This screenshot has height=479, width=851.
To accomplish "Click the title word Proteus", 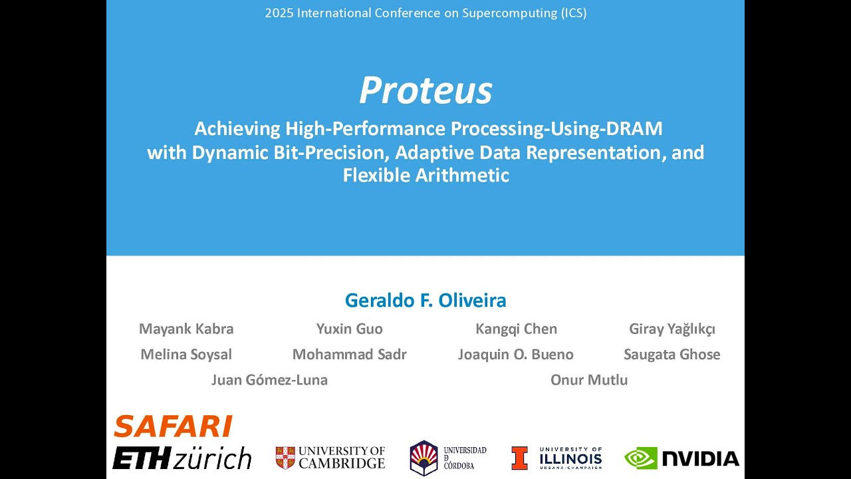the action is coord(425,90).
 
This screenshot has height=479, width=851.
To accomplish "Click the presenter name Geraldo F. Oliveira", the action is coord(425,300).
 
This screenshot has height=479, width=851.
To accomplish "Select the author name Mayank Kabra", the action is coord(186,329).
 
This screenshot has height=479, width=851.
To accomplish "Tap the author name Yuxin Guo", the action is coord(350,329).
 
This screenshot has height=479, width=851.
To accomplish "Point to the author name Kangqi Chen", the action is coord(517,329).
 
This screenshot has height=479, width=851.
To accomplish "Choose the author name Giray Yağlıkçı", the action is coord(672,329).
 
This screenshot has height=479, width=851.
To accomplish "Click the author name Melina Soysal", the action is coord(186,355).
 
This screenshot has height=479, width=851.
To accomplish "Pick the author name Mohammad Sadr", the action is coord(350,355).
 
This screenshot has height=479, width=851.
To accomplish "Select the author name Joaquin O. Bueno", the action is coord(515,355).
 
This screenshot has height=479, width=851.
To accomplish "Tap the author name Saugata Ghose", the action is coord(672,355).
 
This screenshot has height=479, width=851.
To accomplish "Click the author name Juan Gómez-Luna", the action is coord(269,380).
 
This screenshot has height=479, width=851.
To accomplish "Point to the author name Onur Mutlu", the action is coord(589,380).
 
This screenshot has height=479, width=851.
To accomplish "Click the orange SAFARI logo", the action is coord(173,426).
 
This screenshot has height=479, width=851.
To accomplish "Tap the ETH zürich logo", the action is coord(182,458).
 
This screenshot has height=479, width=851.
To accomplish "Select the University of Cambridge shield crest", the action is coord(285,458).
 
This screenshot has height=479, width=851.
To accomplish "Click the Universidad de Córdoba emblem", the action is coord(424,458).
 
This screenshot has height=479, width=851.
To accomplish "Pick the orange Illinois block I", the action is coord(519,458).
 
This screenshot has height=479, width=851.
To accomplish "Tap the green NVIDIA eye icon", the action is coord(641,458).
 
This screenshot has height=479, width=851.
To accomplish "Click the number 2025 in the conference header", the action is coord(279,13).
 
